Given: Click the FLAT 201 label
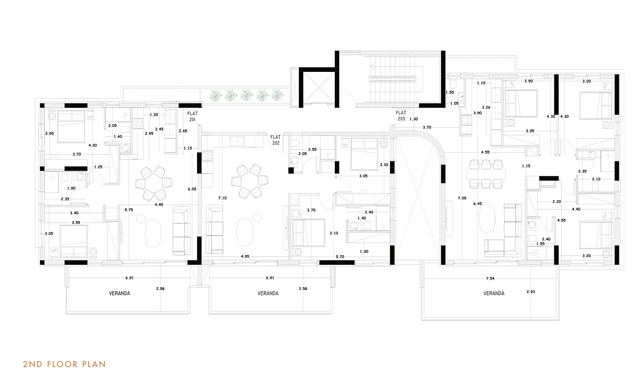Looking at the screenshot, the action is tap(193, 116).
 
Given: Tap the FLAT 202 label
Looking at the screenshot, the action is tap(275, 140).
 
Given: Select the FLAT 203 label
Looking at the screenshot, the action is tap(401, 116).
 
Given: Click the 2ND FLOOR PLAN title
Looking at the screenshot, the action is tap(64, 364).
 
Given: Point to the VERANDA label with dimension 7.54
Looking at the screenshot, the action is tap(494, 293).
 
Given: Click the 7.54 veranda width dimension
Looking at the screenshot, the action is tap(490, 279).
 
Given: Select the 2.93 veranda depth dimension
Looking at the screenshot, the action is tap(531, 292).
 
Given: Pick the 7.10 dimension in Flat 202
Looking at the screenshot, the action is tap(222, 198).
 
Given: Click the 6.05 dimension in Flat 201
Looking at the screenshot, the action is tap(192, 189).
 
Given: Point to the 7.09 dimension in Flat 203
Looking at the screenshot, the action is tap(462, 198).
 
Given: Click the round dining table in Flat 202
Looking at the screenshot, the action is tap(250, 181).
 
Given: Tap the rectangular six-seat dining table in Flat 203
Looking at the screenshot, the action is tap(485, 174).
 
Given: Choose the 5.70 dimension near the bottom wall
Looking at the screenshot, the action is tap(340, 256).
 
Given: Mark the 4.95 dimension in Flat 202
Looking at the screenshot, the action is tap(245, 256).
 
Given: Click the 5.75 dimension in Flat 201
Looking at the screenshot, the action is tap(129, 210).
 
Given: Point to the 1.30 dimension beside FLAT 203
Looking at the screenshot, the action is tap(414, 119).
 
